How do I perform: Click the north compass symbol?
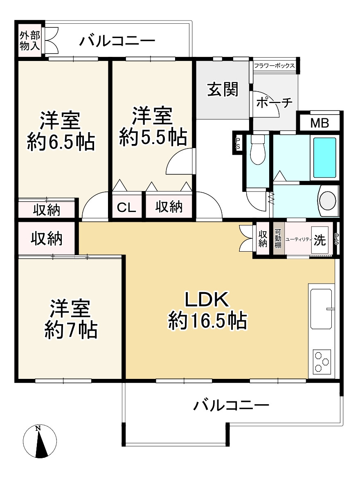(x=40, y=441)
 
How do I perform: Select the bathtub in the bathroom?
(x=325, y=158)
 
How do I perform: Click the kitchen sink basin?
(x=322, y=309)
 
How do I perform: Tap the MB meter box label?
(x=319, y=123)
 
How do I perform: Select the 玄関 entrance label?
(x=223, y=90)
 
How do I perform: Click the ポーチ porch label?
(x=274, y=103)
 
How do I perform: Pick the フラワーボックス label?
(x=274, y=65)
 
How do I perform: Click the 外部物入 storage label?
(x=30, y=40)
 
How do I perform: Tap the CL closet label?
(x=127, y=208)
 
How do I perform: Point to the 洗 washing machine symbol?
(x=320, y=240)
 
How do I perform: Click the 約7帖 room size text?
(x=70, y=330)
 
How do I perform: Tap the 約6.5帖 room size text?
(x=61, y=142)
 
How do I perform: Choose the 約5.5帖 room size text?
(x=153, y=138)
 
